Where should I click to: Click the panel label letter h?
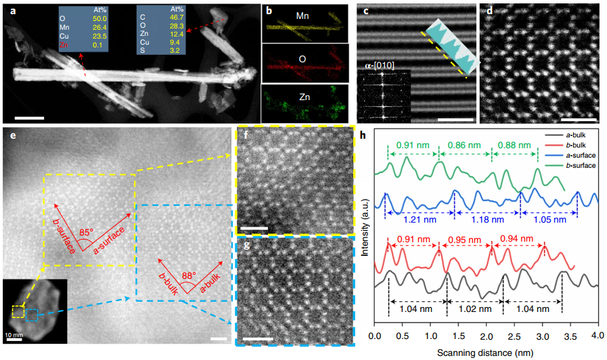tap(366, 135)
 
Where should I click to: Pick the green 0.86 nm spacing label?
tap(464, 144)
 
